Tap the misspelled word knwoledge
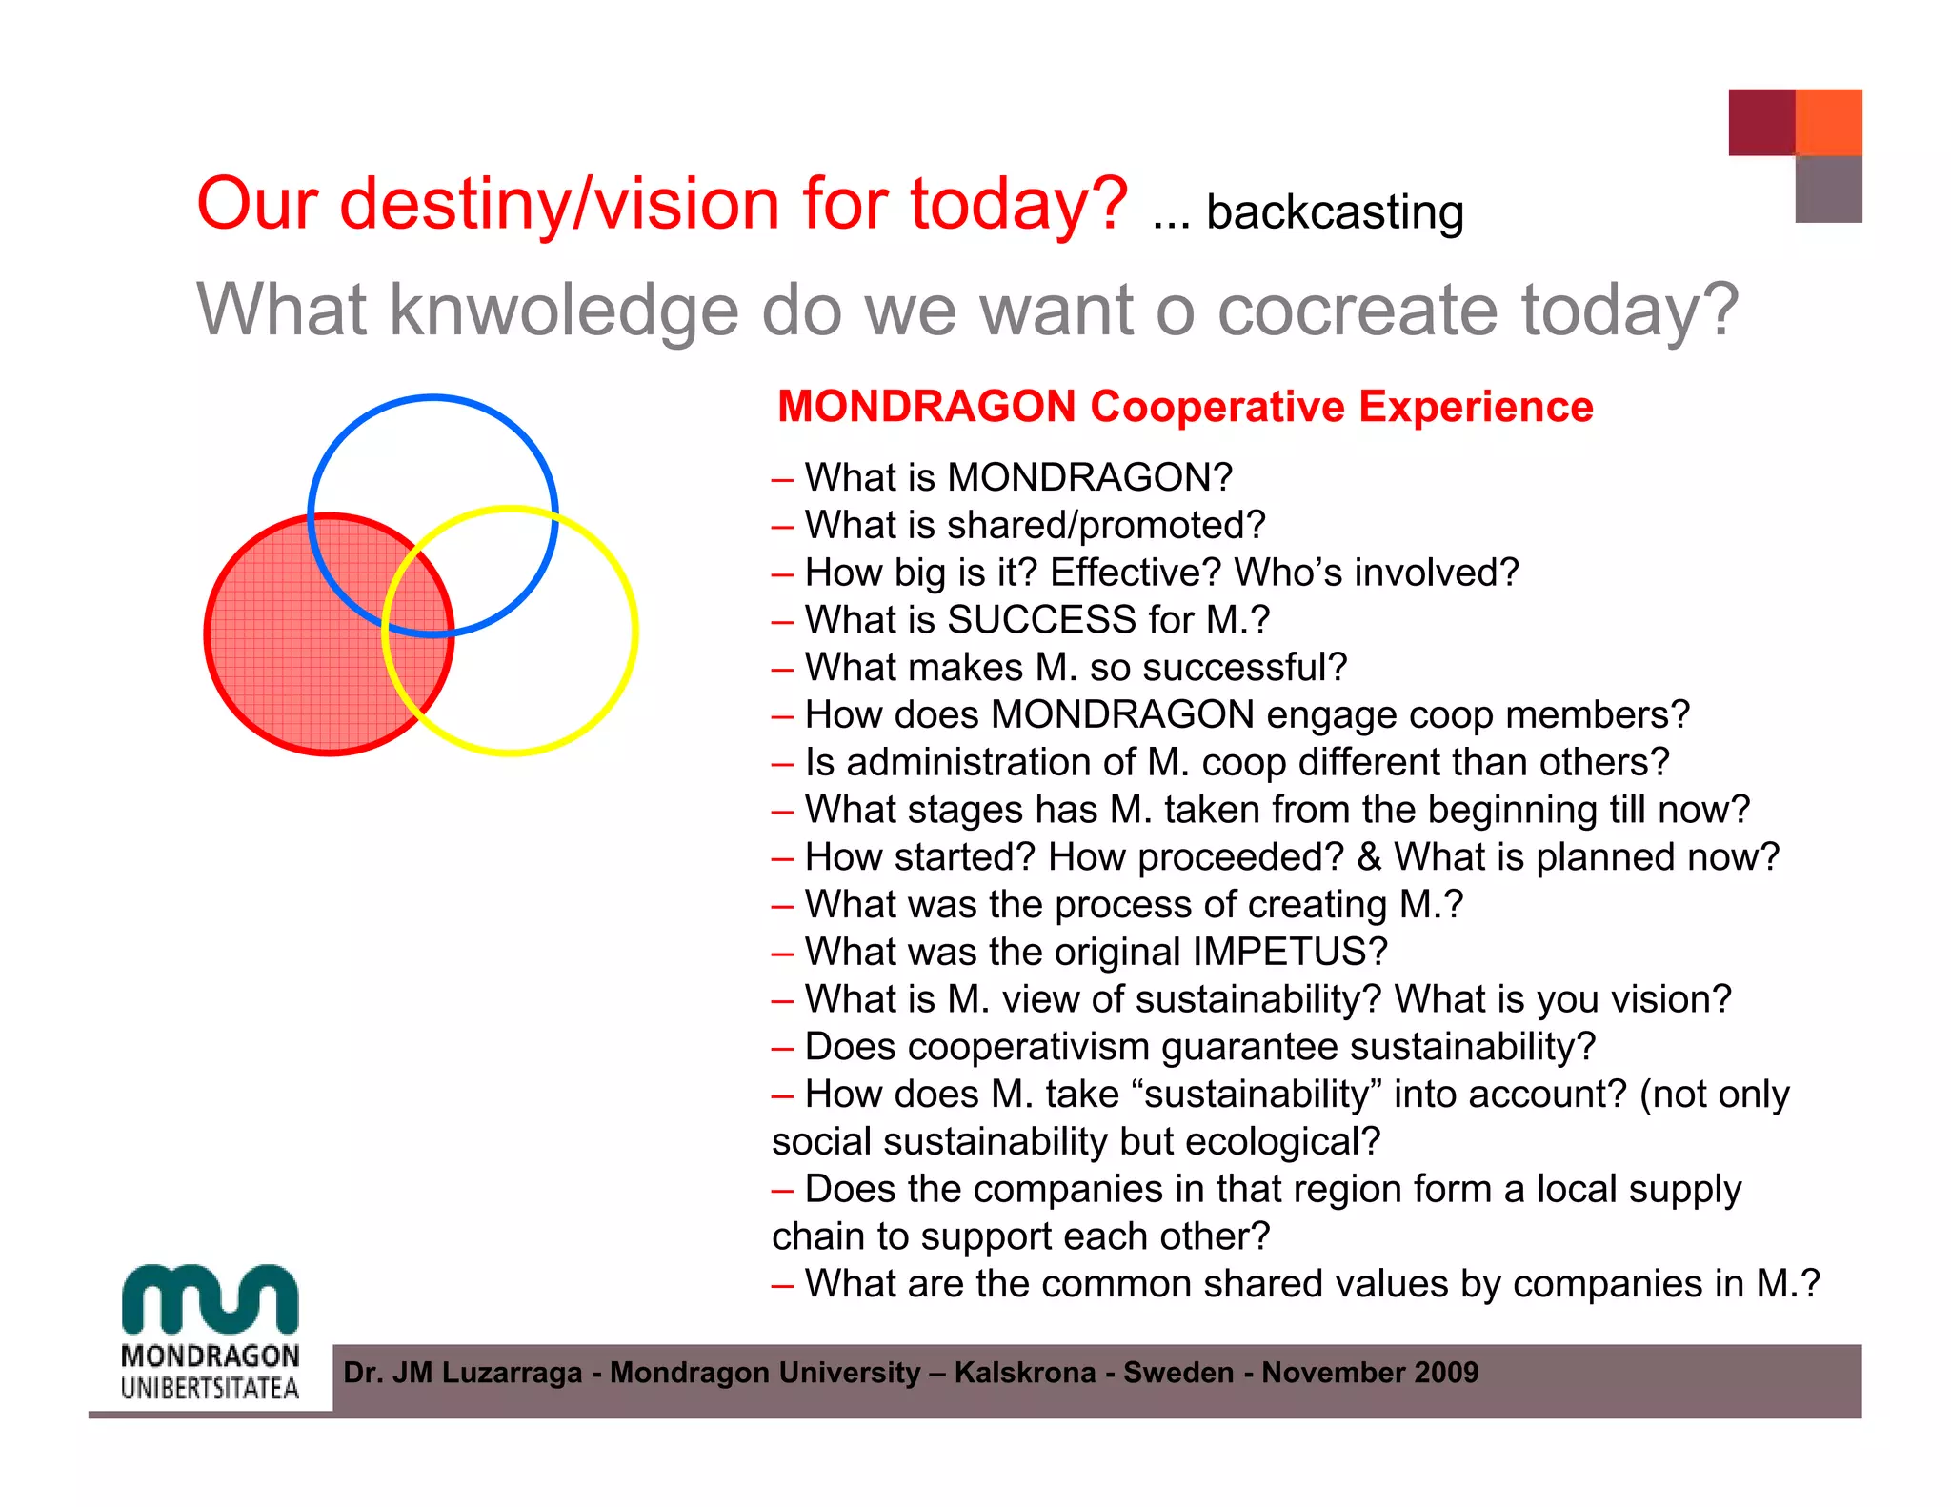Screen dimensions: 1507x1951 pos(563,311)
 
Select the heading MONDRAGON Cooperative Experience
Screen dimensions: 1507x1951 pos(1184,407)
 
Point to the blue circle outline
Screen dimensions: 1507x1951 pos(432,398)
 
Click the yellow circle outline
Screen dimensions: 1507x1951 pos(634,629)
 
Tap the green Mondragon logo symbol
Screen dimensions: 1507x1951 pos(210,1299)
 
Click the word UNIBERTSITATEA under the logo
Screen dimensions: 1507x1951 pos(210,1388)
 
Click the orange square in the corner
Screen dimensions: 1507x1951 pos(1828,122)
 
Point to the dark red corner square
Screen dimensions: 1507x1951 pos(1761,122)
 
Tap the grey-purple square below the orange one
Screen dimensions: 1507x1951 pos(1828,190)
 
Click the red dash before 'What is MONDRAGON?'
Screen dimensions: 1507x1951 pos(782,479)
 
